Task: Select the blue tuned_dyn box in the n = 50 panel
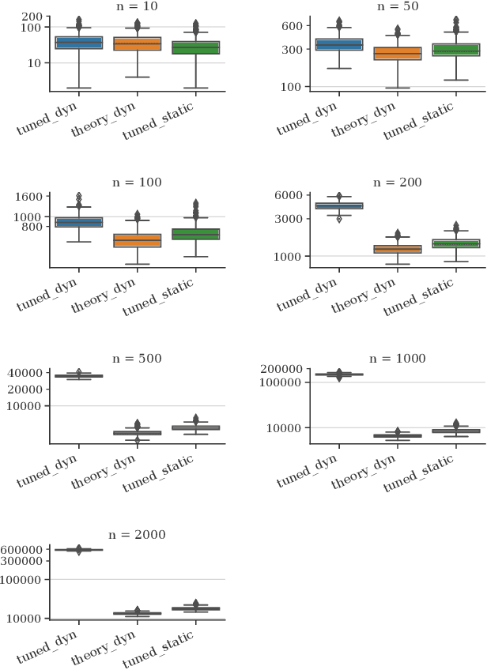coord(338,44)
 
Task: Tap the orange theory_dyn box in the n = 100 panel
coord(138,240)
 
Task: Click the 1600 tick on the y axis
coord(36,196)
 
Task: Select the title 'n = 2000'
coord(138,535)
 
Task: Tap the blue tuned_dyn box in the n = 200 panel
coord(338,206)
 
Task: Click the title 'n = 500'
coord(138,359)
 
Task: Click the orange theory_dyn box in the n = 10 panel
coord(138,43)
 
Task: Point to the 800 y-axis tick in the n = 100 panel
coord(40,227)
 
